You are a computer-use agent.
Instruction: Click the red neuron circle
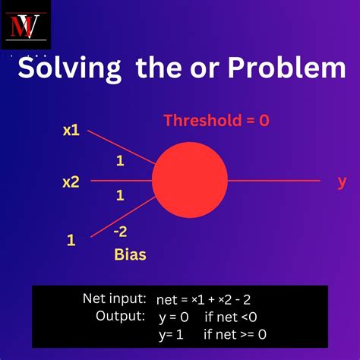point(189,181)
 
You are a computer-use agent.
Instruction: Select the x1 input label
point(71,130)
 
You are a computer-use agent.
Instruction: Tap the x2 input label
point(71,182)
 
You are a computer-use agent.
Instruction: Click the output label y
point(342,181)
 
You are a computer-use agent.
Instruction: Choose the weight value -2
point(119,232)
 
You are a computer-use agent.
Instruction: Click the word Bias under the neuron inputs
point(129,254)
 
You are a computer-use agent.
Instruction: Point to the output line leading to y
point(273,181)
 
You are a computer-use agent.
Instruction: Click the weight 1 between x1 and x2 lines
point(119,162)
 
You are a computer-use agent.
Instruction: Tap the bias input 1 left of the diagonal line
point(71,240)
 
